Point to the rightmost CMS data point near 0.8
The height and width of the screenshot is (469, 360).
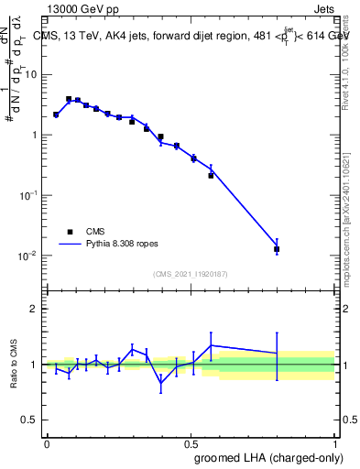[277, 248]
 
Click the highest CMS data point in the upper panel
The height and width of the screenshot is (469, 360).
[69, 99]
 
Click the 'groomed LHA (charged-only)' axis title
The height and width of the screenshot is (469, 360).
[278, 457]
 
